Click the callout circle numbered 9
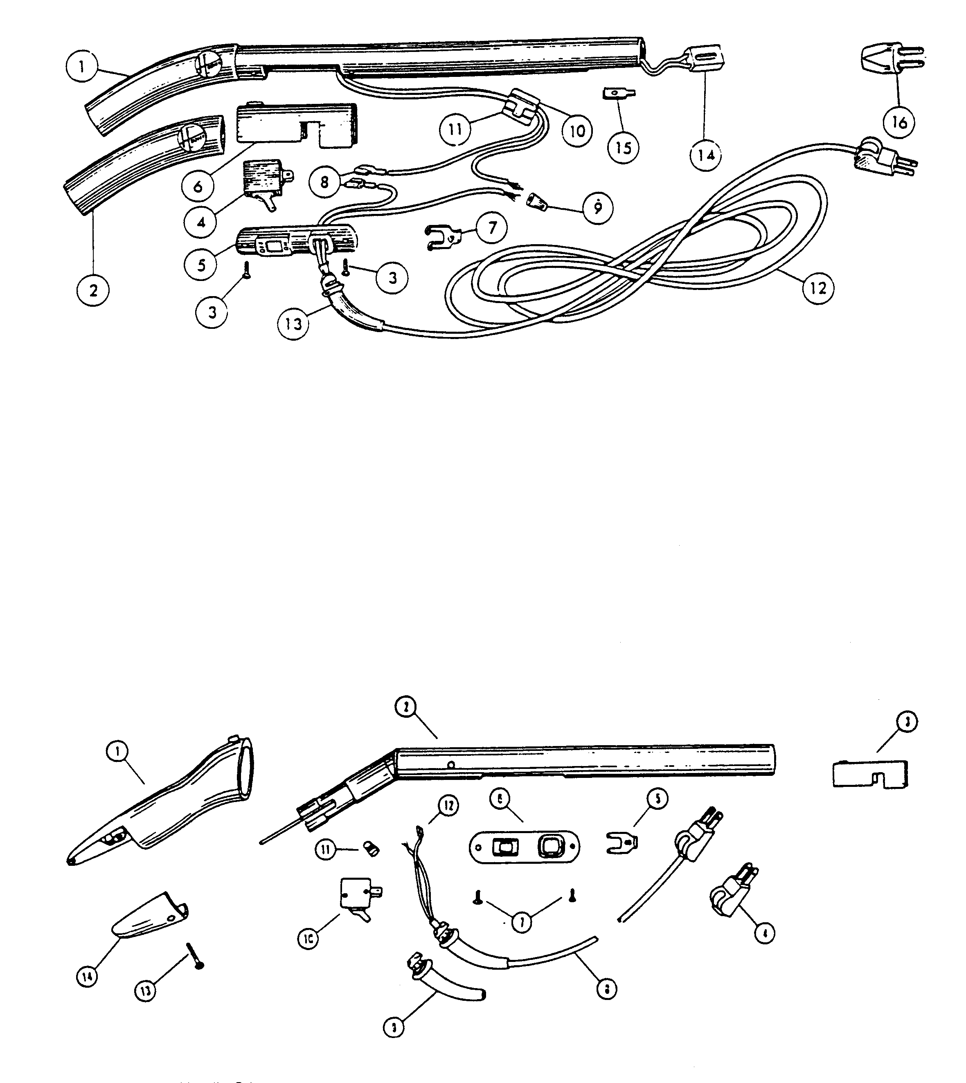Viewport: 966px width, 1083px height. [x=598, y=208]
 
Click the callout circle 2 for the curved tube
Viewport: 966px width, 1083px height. [x=93, y=290]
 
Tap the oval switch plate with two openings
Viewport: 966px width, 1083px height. [x=525, y=847]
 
